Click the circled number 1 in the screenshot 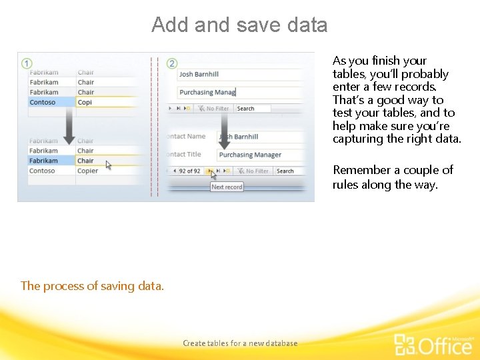[27, 63]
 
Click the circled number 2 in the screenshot [172, 63]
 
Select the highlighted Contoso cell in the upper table [51, 102]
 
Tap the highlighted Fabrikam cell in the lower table [51, 161]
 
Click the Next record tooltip [227, 187]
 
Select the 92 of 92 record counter [189, 171]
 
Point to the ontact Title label [184, 155]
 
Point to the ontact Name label [186, 137]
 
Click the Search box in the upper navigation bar [252, 109]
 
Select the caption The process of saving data [92, 286]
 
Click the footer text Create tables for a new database [240, 343]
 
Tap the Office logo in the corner [433, 345]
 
